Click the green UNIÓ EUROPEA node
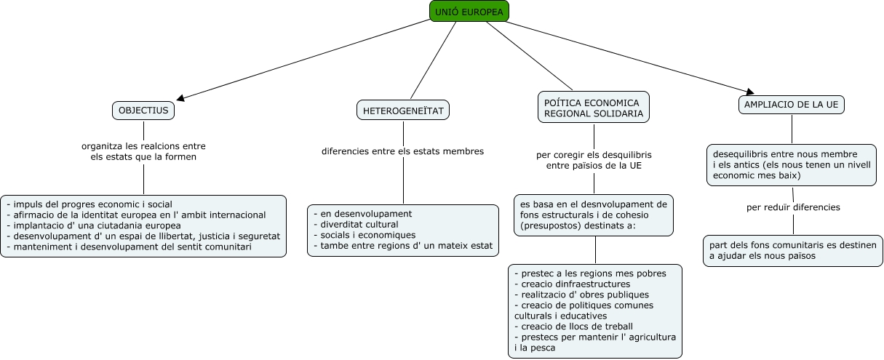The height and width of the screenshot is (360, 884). click(469, 11)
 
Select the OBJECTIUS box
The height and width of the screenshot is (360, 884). click(143, 110)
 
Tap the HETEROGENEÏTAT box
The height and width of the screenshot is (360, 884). click(403, 110)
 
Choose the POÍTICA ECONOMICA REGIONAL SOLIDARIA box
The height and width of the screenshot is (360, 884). click(594, 108)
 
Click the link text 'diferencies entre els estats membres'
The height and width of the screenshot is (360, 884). click(402, 151)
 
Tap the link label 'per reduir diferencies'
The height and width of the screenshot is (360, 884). click(793, 207)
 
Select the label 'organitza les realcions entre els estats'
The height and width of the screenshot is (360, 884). click(143, 151)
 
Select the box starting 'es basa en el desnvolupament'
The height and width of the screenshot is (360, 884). click(594, 215)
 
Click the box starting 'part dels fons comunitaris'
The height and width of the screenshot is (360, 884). click(793, 250)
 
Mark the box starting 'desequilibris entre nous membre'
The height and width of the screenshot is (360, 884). click(793, 165)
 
